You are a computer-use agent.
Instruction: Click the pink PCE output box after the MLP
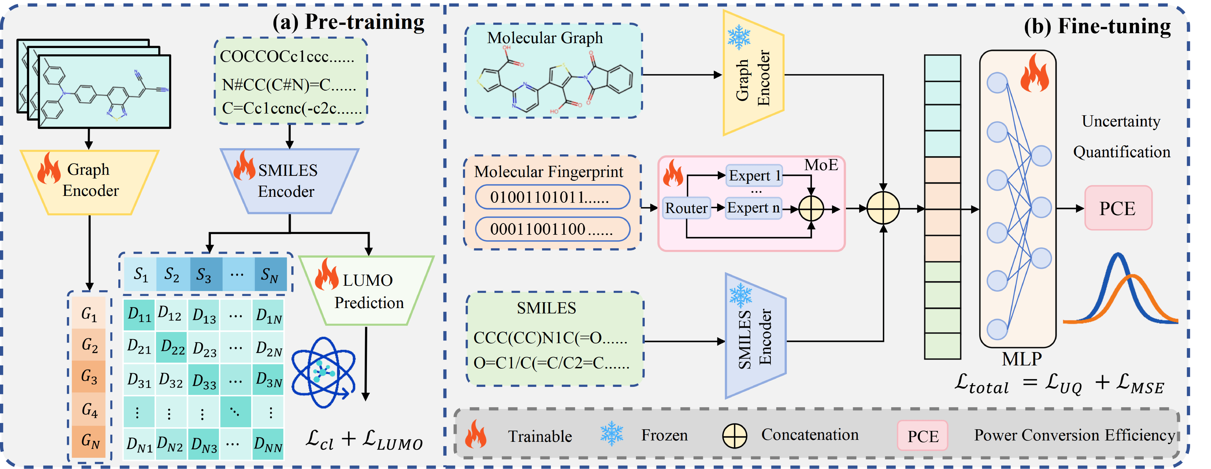click(1118, 208)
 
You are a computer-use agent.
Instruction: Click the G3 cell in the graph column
click(89, 376)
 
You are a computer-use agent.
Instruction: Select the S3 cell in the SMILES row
click(204, 274)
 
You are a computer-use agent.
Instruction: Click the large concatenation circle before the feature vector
click(883, 208)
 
